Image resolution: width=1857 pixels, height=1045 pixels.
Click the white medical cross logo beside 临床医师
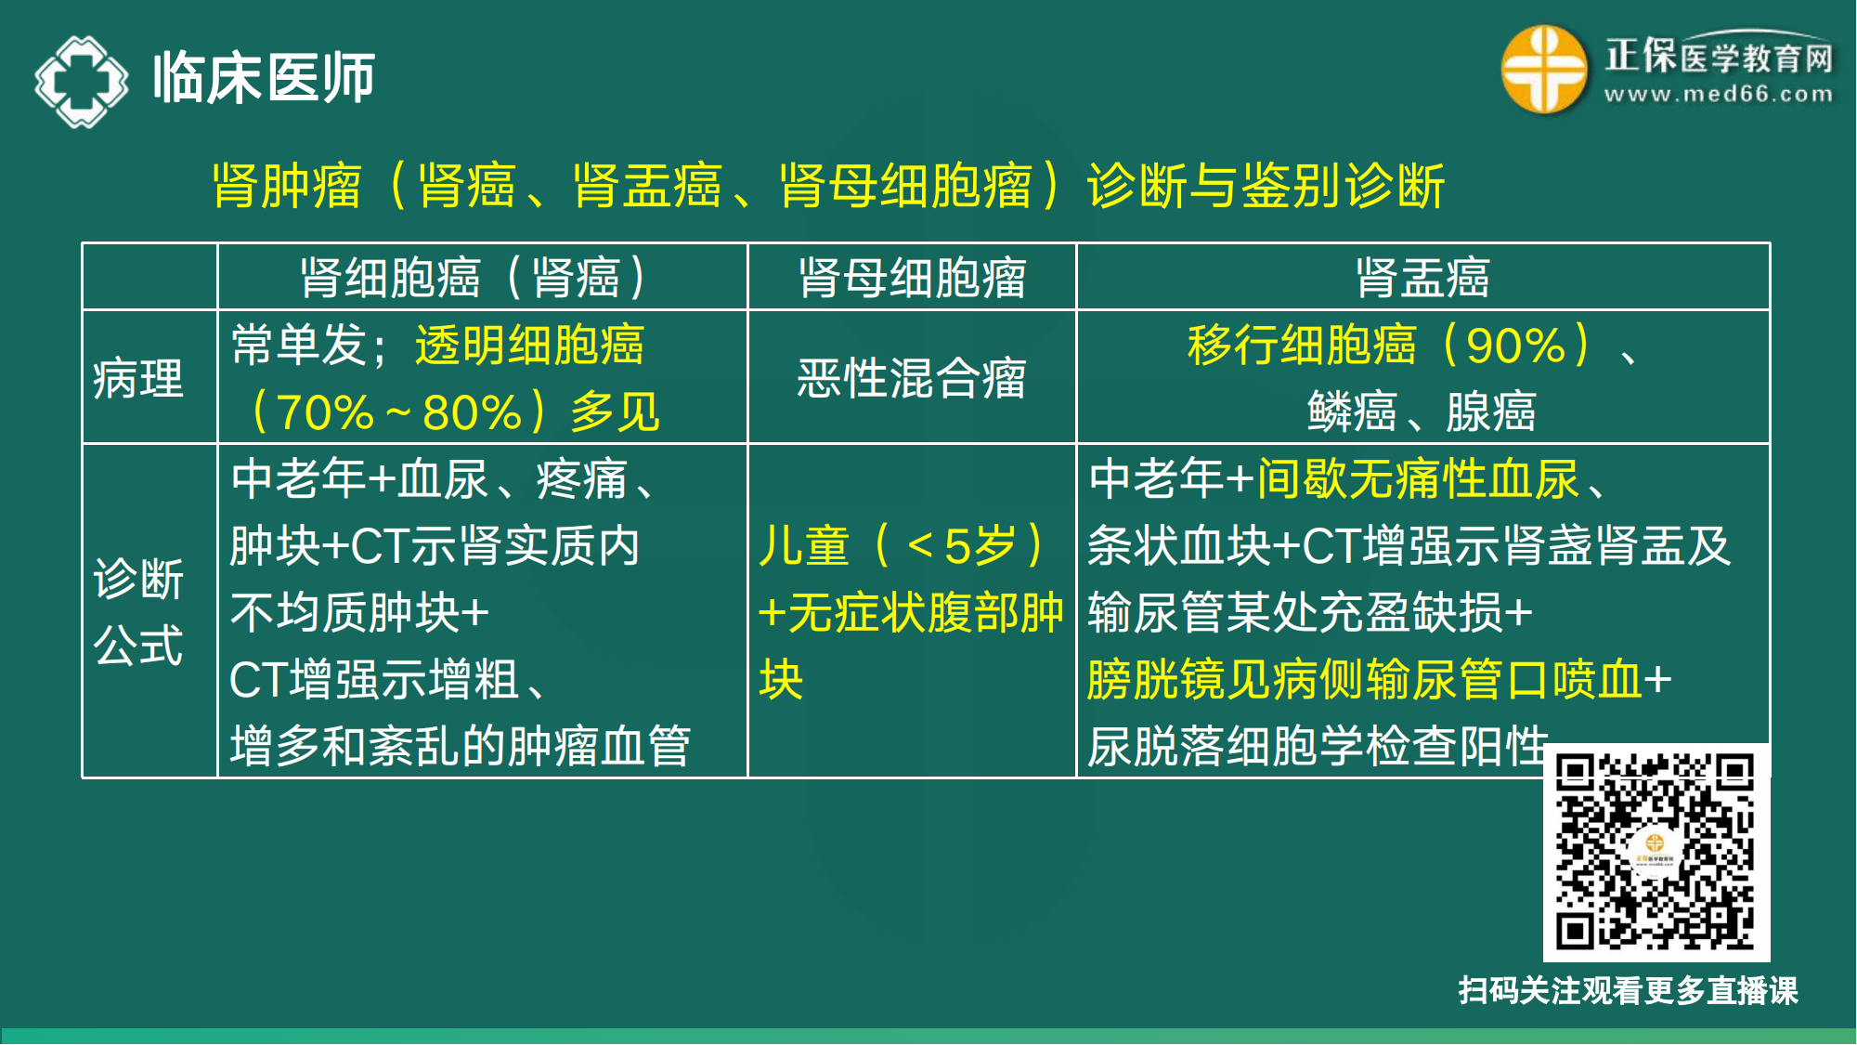(x=82, y=81)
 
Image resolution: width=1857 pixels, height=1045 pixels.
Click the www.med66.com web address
(x=1718, y=95)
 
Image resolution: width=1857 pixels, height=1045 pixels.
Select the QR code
(x=1656, y=852)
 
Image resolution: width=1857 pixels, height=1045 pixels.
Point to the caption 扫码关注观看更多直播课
(x=1628, y=990)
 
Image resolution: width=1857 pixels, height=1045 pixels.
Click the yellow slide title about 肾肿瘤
(x=827, y=186)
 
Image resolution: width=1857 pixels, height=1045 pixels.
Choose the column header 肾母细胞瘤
(x=912, y=278)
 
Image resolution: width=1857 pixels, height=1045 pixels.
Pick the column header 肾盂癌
(x=1422, y=278)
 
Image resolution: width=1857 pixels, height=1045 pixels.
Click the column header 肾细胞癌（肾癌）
(x=473, y=278)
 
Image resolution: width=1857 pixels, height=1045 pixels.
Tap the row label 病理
(x=138, y=379)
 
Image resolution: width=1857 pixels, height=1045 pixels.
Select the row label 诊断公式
(x=138, y=611)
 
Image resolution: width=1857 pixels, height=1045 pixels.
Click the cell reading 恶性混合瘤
(x=911, y=379)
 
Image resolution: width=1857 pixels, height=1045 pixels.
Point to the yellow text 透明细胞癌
(x=529, y=345)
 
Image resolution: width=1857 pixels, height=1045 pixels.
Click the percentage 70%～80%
(x=399, y=412)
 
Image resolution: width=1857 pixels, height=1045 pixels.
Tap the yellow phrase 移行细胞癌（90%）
(x=1389, y=345)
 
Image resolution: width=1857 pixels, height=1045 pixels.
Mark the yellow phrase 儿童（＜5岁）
(x=902, y=545)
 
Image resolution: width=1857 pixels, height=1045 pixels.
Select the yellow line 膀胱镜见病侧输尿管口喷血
(x=1365, y=679)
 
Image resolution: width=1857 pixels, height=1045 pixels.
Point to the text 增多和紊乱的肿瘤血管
(x=461, y=746)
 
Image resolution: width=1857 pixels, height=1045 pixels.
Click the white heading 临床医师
(x=264, y=78)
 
